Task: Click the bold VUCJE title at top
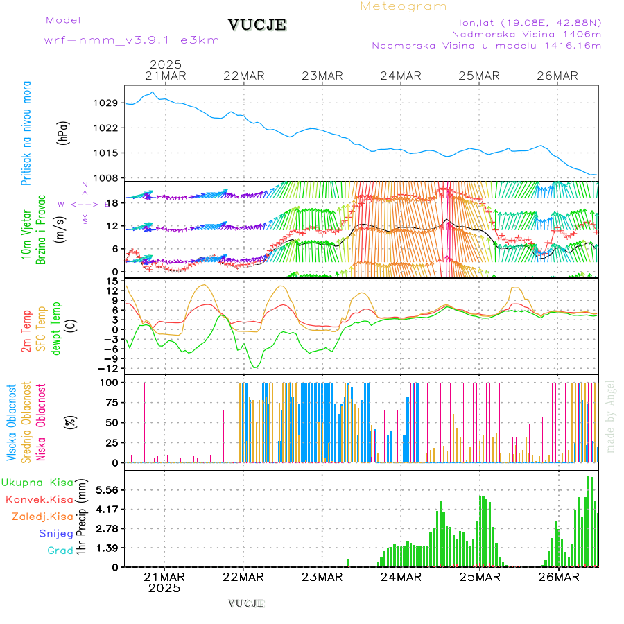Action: tap(257, 25)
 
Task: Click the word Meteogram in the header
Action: tap(404, 6)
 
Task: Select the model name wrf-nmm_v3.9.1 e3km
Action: tap(132, 40)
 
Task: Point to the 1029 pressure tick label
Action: tap(105, 103)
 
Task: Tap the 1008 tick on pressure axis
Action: tap(105, 177)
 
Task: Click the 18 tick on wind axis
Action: tap(111, 202)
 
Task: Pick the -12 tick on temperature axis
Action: tap(108, 368)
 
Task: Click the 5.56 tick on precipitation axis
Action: tap(106, 490)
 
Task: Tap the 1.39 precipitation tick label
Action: tap(106, 548)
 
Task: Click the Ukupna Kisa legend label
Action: tap(37, 483)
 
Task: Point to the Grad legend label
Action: tap(60, 551)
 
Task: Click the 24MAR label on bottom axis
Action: tap(401, 576)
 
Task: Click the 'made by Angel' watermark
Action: tap(611, 416)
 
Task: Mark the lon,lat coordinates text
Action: tap(525, 22)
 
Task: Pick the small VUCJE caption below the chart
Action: tap(246, 603)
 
